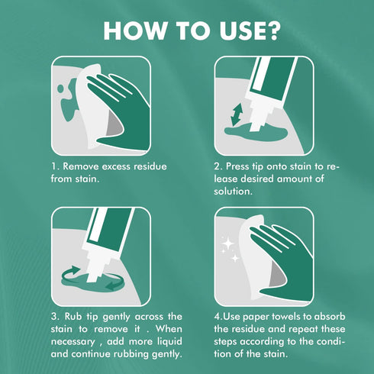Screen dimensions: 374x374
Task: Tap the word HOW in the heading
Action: click(134, 31)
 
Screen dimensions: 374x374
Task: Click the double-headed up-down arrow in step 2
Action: click(237, 114)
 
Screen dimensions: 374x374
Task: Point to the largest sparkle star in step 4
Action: click(228, 243)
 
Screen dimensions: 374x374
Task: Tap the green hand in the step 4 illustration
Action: click(285, 262)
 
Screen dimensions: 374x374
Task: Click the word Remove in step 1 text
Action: click(81, 166)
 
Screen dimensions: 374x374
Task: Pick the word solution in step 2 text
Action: click(233, 192)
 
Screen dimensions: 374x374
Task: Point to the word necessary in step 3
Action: click(73, 342)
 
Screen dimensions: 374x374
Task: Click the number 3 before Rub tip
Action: click(54, 317)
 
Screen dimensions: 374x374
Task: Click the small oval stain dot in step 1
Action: click(61, 89)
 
